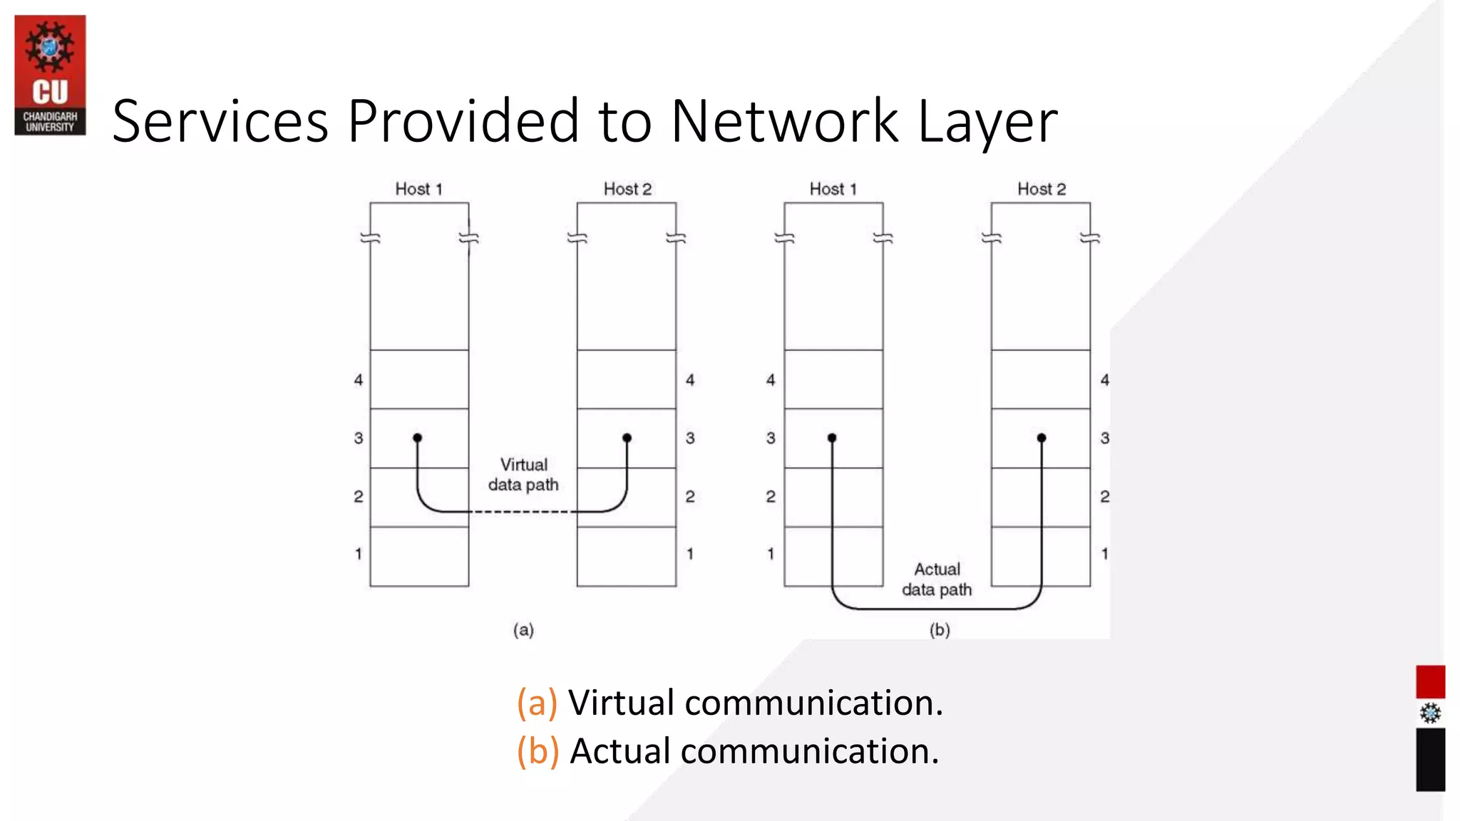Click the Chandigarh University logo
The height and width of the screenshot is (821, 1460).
(x=50, y=75)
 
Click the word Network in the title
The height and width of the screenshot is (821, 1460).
(x=784, y=121)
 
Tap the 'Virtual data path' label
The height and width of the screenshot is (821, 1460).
(x=523, y=475)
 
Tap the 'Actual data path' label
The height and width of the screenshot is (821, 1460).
(x=937, y=579)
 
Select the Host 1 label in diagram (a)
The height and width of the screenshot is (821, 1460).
(x=418, y=189)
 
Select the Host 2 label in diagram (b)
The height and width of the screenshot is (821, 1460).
(x=1041, y=189)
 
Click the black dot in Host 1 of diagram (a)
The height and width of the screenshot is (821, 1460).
(x=418, y=438)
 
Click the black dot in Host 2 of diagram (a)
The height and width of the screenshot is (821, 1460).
(x=627, y=438)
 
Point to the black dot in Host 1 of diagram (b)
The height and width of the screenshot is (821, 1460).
(x=832, y=438)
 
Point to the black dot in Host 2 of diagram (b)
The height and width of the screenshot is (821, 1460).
(x=1042, y=438)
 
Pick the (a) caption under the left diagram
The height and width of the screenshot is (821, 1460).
(x=523, y=630)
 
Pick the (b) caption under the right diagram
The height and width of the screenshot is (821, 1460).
(x=940, y=630)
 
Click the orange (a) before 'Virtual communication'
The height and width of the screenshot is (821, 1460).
(x=537, y=703)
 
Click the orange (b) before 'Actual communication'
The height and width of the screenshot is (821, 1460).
(x=538, y=751)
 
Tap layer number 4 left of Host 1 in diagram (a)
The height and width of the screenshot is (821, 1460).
(x=359, y=380)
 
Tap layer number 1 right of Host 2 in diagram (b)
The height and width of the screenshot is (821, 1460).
(x=1104, y=554)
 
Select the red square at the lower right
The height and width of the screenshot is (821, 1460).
(x=1430, y=682)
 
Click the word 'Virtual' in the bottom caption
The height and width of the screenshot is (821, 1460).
(x=621, y=703)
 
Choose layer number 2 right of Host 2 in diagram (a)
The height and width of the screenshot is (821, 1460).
(x=690, y=496)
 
